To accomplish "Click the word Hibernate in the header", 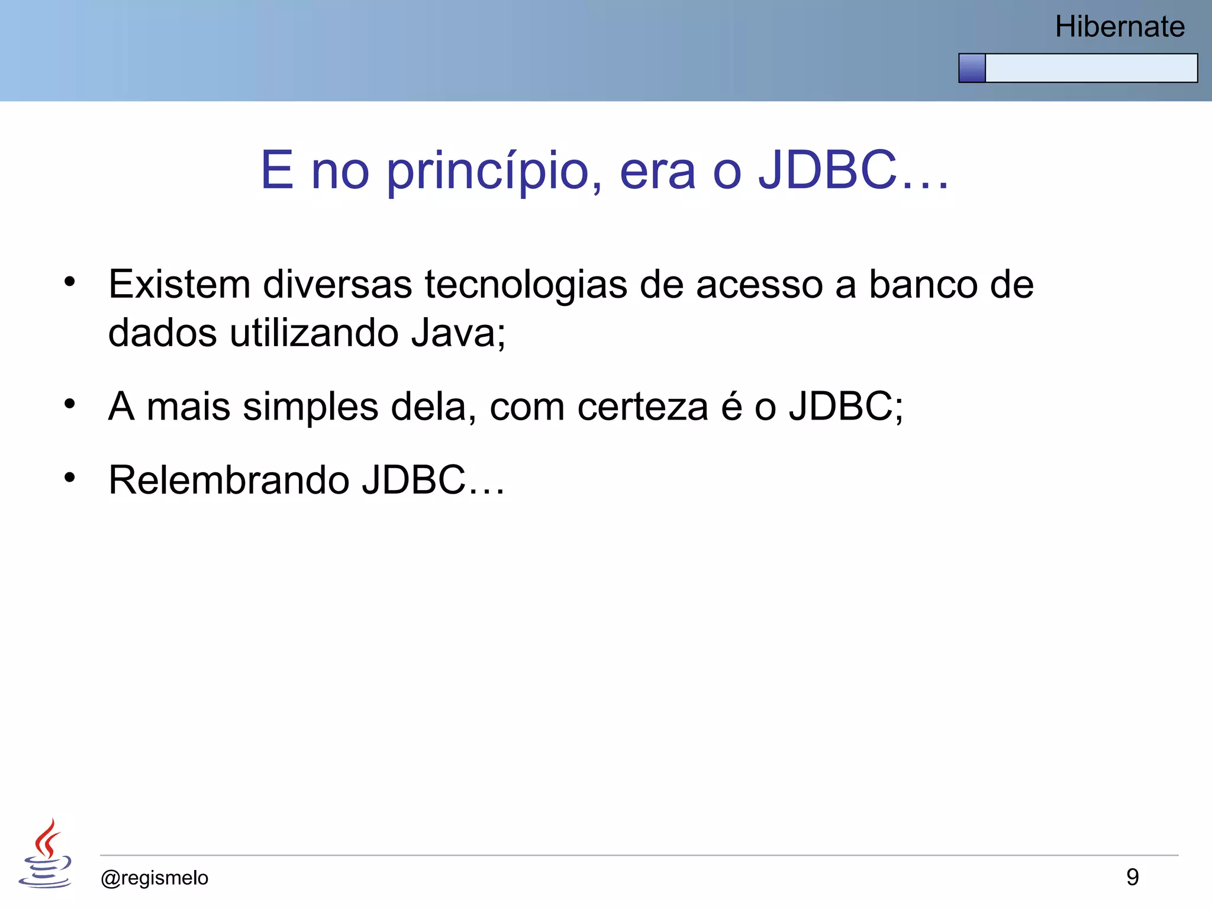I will point(1119,27).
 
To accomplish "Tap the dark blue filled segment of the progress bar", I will point(972,68).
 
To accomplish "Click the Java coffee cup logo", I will point(46,854).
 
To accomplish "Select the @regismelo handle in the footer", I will point(154,878).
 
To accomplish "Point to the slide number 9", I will point(1132,877).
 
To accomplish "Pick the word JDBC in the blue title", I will point(827,170).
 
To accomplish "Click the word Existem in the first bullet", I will point(179,285).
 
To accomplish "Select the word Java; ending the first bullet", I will point(459,333).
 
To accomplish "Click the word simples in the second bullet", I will point(310,408).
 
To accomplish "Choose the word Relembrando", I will point(228,480).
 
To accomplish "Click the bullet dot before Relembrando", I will point(70,477).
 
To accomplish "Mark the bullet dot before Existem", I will point(70,282).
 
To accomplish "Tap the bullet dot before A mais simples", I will point(70,404).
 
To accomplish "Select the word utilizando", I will point(314,333).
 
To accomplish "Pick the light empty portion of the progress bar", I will point(1091,68).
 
